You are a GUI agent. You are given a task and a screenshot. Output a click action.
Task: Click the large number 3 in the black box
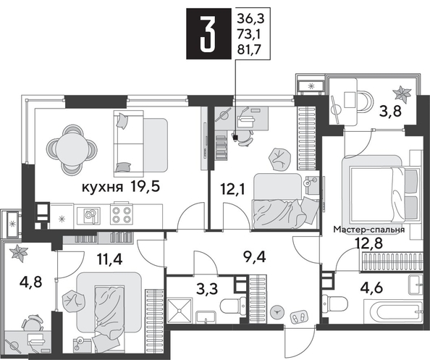click(208, 34)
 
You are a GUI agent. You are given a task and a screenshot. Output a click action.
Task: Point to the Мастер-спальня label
click(368, 230)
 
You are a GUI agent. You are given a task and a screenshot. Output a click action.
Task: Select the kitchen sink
click(90, 214)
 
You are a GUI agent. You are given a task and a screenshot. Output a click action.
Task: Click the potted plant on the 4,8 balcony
click(17, 253)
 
